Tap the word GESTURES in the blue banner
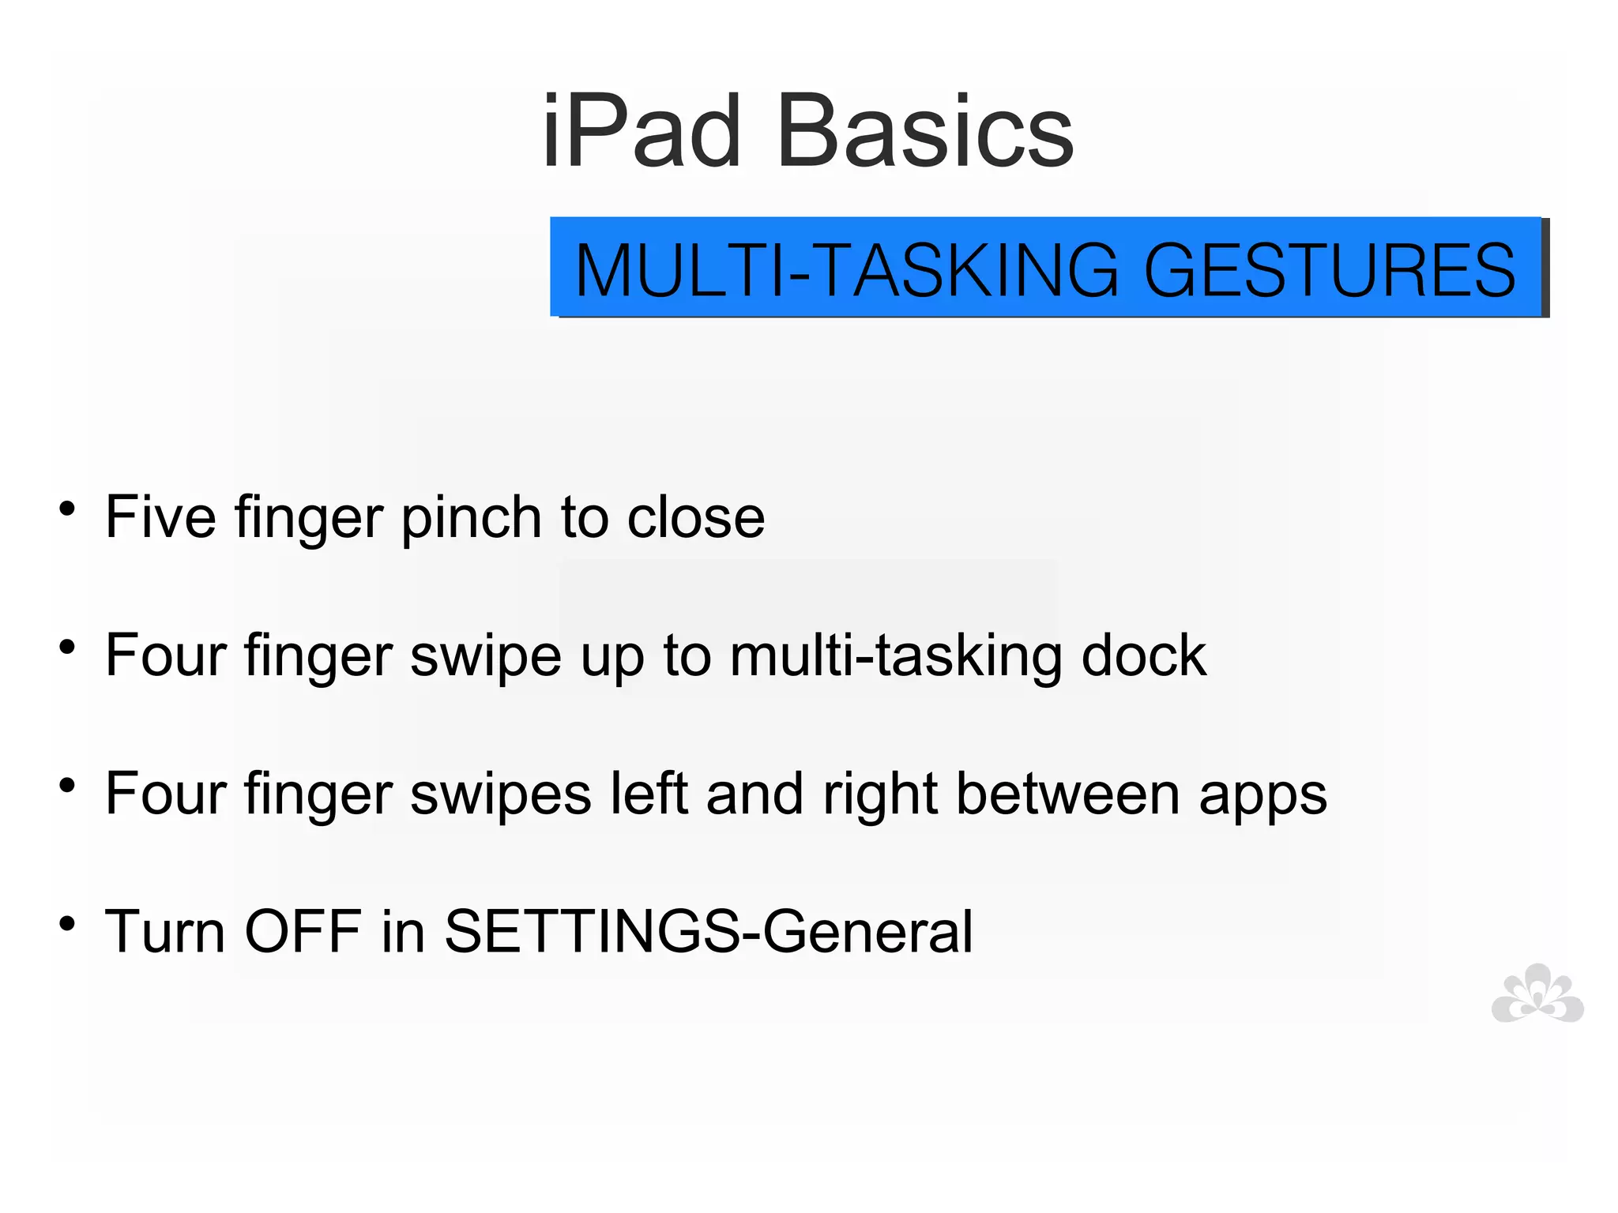(x=1329, y=270)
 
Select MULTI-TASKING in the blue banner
(x=846, y=270)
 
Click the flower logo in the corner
(x=1537, y=993)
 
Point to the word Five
(x=160, y=517)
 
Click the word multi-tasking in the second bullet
(x=895, y=656)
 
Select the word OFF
(x=303, y=931)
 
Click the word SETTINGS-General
(x=709, y=933)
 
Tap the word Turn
(x=165, y=931)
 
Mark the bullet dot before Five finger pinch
(x=68, y=509)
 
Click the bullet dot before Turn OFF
(x=68, y=922)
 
